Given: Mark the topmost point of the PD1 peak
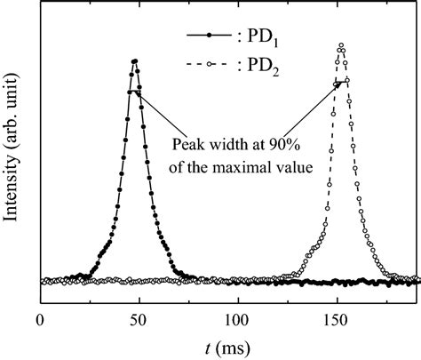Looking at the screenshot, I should point(134,60).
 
